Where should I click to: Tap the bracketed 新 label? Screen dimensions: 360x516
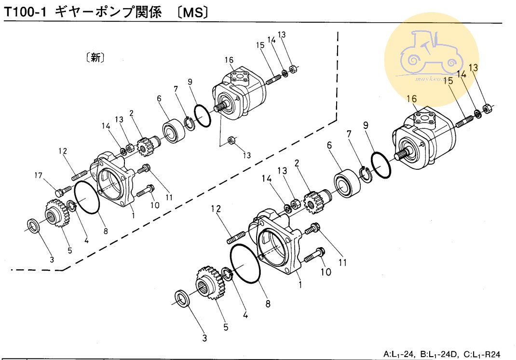pyautogui.click(x=95, y=58)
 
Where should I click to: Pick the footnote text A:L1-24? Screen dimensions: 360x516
pyautogui.click(x=399, y=354)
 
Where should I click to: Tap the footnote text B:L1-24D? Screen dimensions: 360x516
pyautogui.click(x=440, y=354)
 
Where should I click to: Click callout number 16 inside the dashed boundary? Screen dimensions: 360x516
pyautogui.click(x=229, y=60)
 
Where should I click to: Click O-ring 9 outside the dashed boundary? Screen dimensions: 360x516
pyautogui.click(x=381, y=166)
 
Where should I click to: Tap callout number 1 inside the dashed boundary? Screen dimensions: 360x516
pyautogui.click(x=133, y=216)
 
